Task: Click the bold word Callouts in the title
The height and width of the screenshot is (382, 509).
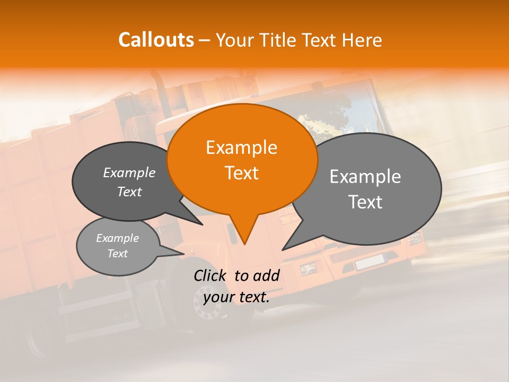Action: (156, 40)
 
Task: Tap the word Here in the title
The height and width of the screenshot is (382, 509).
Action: (360, 40)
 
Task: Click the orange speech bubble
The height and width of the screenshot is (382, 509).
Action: (242, 159)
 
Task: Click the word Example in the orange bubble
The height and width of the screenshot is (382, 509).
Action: (241, 147)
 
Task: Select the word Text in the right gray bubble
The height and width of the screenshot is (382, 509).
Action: (365, 202)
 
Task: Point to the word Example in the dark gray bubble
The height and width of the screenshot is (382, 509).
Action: (129, 173)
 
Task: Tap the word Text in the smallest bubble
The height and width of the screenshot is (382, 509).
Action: (118, 254)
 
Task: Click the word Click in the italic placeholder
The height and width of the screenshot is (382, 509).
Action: (211, 275)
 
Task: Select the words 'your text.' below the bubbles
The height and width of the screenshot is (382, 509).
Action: (236, 297)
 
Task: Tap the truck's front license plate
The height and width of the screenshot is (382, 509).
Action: (369, 262)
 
